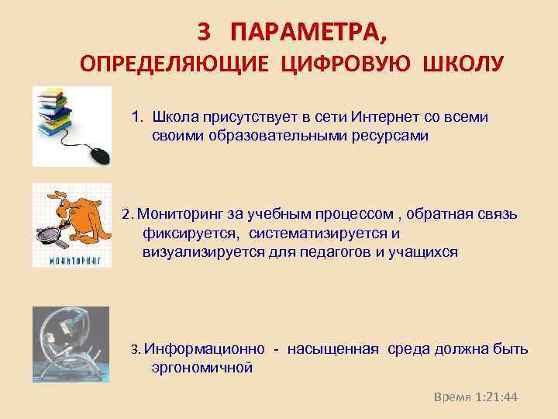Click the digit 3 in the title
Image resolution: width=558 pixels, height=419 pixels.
pyautogui.click(x=204, y=31)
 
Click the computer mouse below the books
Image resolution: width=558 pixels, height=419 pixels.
pyautogui.click(x=99, y=155)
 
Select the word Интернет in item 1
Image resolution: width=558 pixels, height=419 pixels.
pyautogui.click(x=382, y=117)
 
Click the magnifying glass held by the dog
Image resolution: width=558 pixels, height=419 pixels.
pyautogui.click(x=48, y=230)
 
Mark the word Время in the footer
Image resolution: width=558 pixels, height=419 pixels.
pyautogui.click(x=453, y=396)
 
